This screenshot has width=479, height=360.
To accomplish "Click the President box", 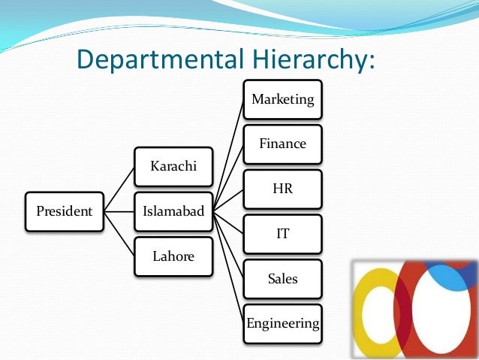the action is point(65,211).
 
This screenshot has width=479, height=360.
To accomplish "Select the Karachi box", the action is point(173,166).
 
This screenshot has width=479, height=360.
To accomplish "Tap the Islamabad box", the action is point(173,211).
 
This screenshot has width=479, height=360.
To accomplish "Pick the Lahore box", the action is point(173,256).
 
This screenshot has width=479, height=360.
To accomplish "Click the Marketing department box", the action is point(282,99).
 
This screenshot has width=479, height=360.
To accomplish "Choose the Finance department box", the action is point(282,144).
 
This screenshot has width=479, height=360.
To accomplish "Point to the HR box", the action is point(282,189).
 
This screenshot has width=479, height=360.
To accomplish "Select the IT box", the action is point(282,234).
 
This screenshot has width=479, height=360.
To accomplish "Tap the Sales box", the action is point(282,279).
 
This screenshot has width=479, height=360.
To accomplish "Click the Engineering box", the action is point(282,324).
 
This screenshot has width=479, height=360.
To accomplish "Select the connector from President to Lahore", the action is point(119,234).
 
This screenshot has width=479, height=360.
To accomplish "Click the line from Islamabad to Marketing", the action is point(228,153).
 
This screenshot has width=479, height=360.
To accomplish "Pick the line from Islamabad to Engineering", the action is point(228,268).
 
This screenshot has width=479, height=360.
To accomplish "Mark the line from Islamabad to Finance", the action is point(228,177).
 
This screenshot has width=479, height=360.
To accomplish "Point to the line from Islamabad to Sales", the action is point(228,245).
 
